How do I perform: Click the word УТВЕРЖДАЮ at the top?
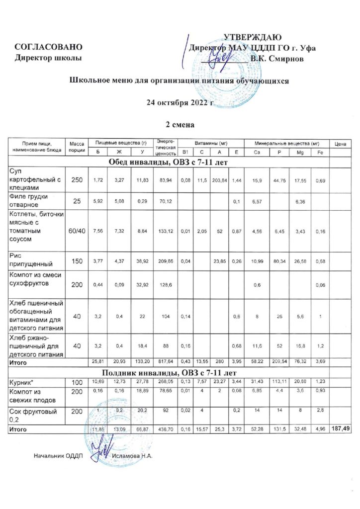click(253, 37)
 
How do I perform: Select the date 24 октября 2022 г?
click(180, 103)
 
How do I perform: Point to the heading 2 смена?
click(180, 124)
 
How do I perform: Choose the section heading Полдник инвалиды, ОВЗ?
click(180, 372)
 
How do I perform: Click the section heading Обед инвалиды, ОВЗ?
click(180, 162)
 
